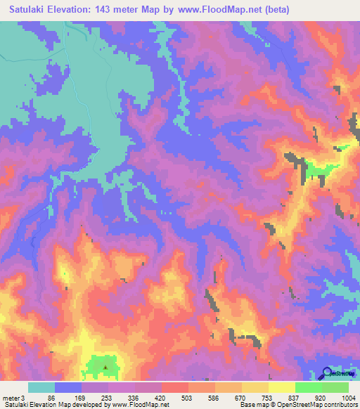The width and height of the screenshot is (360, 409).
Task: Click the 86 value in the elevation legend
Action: click(x=51, y=398)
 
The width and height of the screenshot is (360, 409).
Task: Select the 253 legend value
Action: click(x=105, y=398)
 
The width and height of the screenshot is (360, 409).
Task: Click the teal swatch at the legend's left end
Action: click(x=41, y=387)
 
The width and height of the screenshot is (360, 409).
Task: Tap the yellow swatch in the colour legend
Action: click(x=282, y=387)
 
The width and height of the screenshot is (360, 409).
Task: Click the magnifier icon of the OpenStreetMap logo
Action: click(x=327, y=374)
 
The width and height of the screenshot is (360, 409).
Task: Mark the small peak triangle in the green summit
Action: click(x=105, y=366)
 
